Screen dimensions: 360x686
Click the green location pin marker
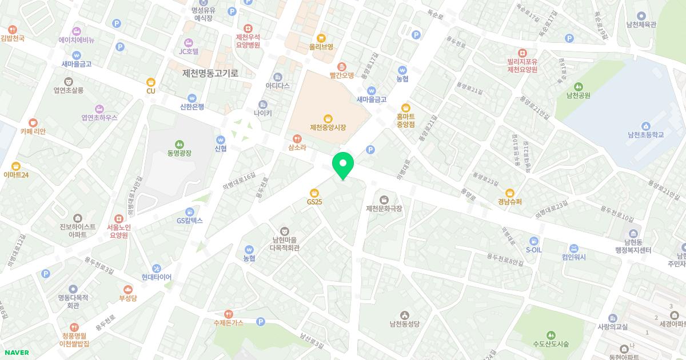click(x=343, y=165)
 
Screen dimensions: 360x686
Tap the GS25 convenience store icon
click(x=314, y=193)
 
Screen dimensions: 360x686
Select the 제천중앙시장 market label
click(x=328, y=127)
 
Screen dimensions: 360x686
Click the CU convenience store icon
click(x=151, y=82)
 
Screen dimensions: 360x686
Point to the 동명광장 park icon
click(x=180, y=143)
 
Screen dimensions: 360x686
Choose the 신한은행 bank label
click(x=192, y=107)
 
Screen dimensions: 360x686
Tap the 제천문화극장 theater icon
click(x=384, y=199)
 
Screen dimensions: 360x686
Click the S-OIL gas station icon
click(x=533, y=241)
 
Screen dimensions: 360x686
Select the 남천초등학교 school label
click(x=645, y=135)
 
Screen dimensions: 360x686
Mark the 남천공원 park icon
click(x=578, y=86)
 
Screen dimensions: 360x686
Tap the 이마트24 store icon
click(x=15, y=166)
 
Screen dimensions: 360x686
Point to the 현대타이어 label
click(x=156, y=277)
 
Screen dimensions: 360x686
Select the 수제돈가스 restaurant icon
click(x=228, y=314)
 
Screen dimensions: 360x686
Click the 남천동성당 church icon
click(x=405, y=315)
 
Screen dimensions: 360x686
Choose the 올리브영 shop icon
click(x=321, y=38)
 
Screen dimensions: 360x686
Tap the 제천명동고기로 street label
click(x=210, y=73)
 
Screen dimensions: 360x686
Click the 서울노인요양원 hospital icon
click(x=119, y=218)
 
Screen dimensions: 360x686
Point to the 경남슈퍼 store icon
click(x=509, y=193)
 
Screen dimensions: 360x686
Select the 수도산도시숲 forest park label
click(x=551, y=344)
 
